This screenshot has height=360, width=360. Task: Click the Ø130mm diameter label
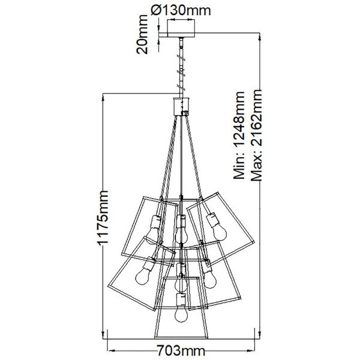tap(181, 11)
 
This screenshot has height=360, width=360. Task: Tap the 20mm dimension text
tap(142, 34)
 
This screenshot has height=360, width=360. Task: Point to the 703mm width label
tap(181, 351)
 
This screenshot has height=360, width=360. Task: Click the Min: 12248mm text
tap(239, 135)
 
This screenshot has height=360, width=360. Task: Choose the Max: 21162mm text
tap(256, 135)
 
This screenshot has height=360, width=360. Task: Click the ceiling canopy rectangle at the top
tap(181, 28)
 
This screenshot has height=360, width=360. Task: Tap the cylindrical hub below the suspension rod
tap(181, 106)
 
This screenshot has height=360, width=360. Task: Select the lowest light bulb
tap(181, 314)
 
